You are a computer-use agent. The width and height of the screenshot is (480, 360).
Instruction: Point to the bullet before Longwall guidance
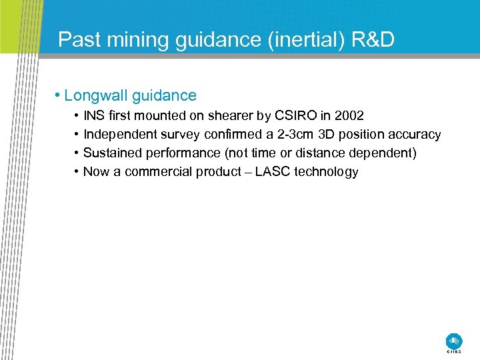click(x=59, y=96)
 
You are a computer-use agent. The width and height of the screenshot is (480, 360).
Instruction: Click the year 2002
click(x=349, y=116)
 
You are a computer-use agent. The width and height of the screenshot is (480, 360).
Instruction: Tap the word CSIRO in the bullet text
click(x=294, y=116)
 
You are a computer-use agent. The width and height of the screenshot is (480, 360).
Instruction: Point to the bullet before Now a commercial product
click(x=77, y=172)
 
